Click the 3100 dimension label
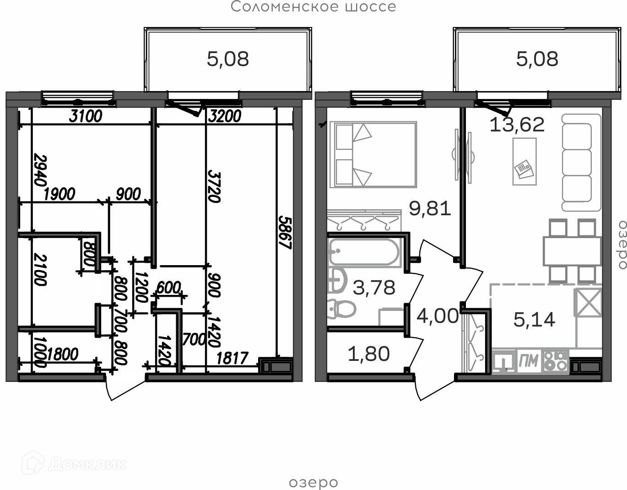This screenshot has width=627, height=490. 86,116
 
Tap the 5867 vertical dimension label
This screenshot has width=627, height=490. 285,233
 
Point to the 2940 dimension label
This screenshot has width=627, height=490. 40,170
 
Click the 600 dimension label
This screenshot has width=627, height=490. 169,288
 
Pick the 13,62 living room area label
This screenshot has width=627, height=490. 517,125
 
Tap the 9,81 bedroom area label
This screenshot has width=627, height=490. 430,208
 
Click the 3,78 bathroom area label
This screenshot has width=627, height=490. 374,288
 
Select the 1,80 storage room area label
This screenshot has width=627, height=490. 369,354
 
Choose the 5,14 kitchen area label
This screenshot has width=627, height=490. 535,320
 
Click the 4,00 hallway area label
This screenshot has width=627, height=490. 438,316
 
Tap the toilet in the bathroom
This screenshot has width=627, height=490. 341,309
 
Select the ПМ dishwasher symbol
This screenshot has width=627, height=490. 529,361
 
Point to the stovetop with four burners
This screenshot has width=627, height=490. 556,361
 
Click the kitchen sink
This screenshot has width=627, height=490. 503,361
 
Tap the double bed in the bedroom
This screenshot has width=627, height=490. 373,154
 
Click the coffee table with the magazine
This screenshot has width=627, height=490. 524,161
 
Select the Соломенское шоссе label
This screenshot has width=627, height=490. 313,6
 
